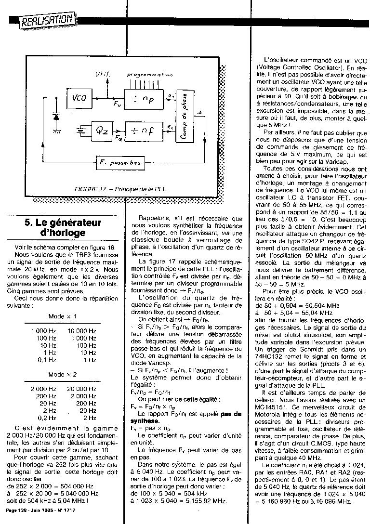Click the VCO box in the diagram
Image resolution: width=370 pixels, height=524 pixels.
[79, 98]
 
